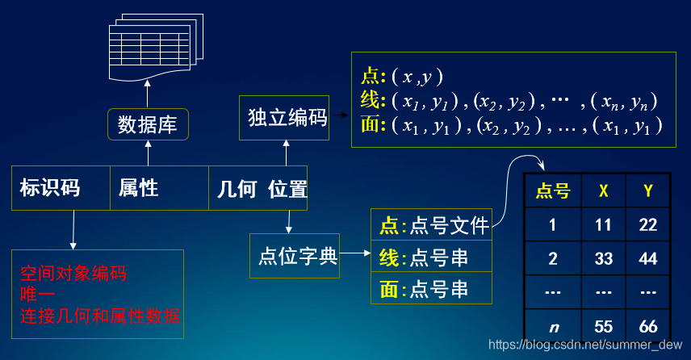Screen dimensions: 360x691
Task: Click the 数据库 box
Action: click(148, 124)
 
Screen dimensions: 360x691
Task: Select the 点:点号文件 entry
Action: click(432, 225)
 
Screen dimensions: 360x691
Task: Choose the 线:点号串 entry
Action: click(432, 257)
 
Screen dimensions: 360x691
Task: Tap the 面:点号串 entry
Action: click(432, 289)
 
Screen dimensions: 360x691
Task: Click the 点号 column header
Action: click(553, 191)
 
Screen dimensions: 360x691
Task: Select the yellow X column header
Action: click(603, 191)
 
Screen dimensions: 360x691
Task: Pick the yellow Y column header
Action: click(648, 191)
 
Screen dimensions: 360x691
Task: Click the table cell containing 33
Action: click(603, 259)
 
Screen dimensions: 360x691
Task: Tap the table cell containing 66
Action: click(648, 327)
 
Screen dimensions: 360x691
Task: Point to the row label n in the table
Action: click(553, 327)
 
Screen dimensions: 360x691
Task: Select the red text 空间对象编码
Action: click(73, 273)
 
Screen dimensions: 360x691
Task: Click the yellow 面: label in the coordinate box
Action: click(372, 125)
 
